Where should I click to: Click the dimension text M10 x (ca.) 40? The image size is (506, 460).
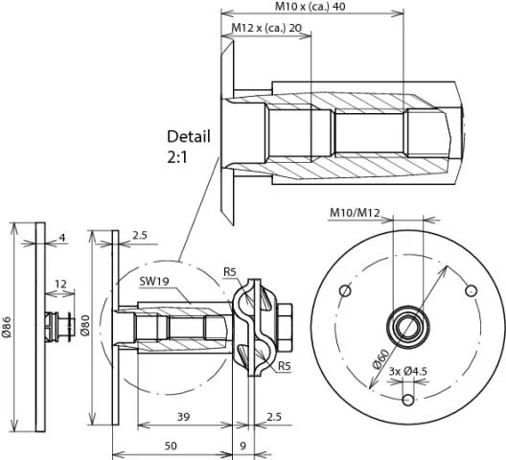point(310,7)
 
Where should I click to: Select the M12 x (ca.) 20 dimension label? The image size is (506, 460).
point(266,28)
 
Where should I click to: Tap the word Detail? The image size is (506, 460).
point(189,137)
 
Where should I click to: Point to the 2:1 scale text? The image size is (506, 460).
point(177,157)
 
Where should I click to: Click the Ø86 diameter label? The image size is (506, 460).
point(7,327)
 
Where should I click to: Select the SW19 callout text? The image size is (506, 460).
point(154,281)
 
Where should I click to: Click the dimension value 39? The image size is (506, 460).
point(184,417)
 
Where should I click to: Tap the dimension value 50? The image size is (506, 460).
point(171,446)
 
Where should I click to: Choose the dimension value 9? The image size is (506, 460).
point(243,446)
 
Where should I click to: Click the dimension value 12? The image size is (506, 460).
point(60,284)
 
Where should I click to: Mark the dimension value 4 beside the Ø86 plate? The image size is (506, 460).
point(62,238)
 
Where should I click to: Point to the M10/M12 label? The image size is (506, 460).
point(355,213)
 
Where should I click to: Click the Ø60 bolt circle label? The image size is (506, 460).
point(380,359)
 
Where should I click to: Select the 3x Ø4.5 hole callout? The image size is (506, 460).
point(407,371)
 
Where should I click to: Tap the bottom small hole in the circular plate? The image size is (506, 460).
point(408,400)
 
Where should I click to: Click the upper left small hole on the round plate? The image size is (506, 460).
point(345,290)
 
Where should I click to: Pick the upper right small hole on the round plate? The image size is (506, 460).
point(471,290)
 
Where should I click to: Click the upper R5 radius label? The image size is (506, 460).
point(230,272)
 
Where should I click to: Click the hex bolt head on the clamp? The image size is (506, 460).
point(285,327)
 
